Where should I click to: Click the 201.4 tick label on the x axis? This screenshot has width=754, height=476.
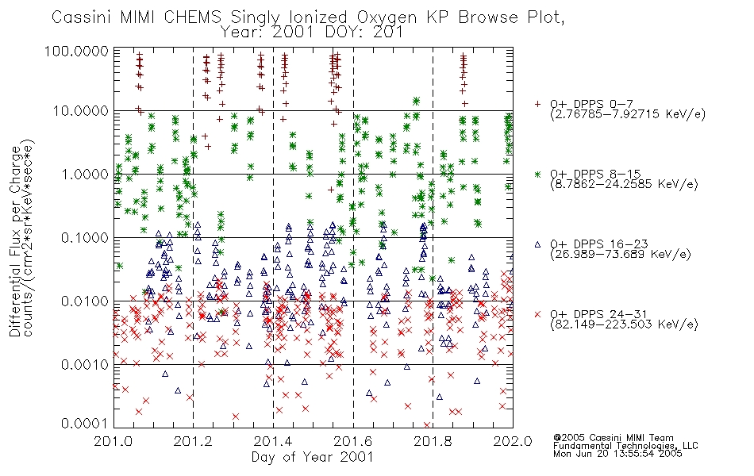coord(273,441)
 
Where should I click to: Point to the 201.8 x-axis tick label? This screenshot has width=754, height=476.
coord(433,441)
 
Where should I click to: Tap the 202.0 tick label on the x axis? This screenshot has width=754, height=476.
coord(513,441)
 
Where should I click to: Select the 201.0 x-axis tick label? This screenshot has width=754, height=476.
coord(113,441)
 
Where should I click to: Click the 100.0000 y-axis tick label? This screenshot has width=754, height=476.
coord(76,51)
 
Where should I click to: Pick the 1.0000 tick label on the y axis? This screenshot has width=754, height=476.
coord(85,174)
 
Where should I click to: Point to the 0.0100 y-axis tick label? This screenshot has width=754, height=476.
coord(85,301)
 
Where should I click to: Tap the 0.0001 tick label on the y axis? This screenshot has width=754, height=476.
coord(85,424)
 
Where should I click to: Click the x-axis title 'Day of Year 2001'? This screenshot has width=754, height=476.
coord(313,457)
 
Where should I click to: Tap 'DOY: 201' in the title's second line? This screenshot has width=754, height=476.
coord(364,33)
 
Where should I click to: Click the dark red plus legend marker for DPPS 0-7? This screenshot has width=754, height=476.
coord(537,104)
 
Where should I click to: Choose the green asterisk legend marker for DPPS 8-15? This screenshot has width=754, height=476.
coord(537,174)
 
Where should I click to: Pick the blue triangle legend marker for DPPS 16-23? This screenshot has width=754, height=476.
coord(537,244)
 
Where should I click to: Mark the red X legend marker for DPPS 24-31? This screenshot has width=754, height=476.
coord(537,314)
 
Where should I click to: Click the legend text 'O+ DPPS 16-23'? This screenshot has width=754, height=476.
coord(599,244)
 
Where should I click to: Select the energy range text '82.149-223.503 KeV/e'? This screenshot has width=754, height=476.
coord(624,324)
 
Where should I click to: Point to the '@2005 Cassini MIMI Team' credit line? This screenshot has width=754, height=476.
coord(613,438)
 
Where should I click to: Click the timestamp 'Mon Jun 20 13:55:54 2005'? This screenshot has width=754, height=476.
coord(617,454)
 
